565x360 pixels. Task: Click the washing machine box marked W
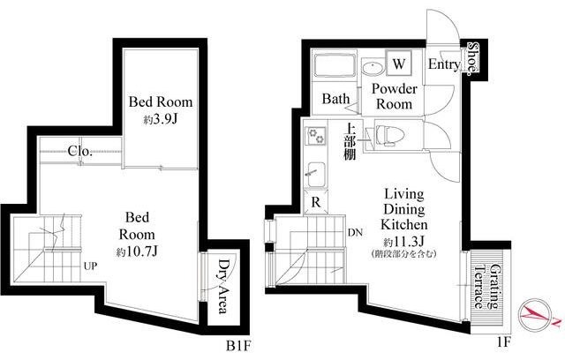(398, 63)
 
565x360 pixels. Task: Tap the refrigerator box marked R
(316, 202)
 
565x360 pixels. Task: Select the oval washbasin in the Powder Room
(373, 68)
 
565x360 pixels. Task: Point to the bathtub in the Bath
(334, 65)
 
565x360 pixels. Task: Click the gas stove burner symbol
(316, 136)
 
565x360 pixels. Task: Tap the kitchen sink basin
(316, 174)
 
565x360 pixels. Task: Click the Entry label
(444, 64)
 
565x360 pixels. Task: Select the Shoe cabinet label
(473, 59)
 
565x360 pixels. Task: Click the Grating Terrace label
(488, 287)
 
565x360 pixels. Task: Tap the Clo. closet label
(80, 151)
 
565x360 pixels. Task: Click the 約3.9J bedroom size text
(161, 119)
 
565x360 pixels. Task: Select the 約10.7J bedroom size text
(137, 251)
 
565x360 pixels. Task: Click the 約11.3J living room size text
(404, 241)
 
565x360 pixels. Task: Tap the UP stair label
(90, 266)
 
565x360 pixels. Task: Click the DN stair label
(355, 233)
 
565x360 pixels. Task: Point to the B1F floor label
(237, 346)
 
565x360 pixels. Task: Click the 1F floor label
(504, 342)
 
